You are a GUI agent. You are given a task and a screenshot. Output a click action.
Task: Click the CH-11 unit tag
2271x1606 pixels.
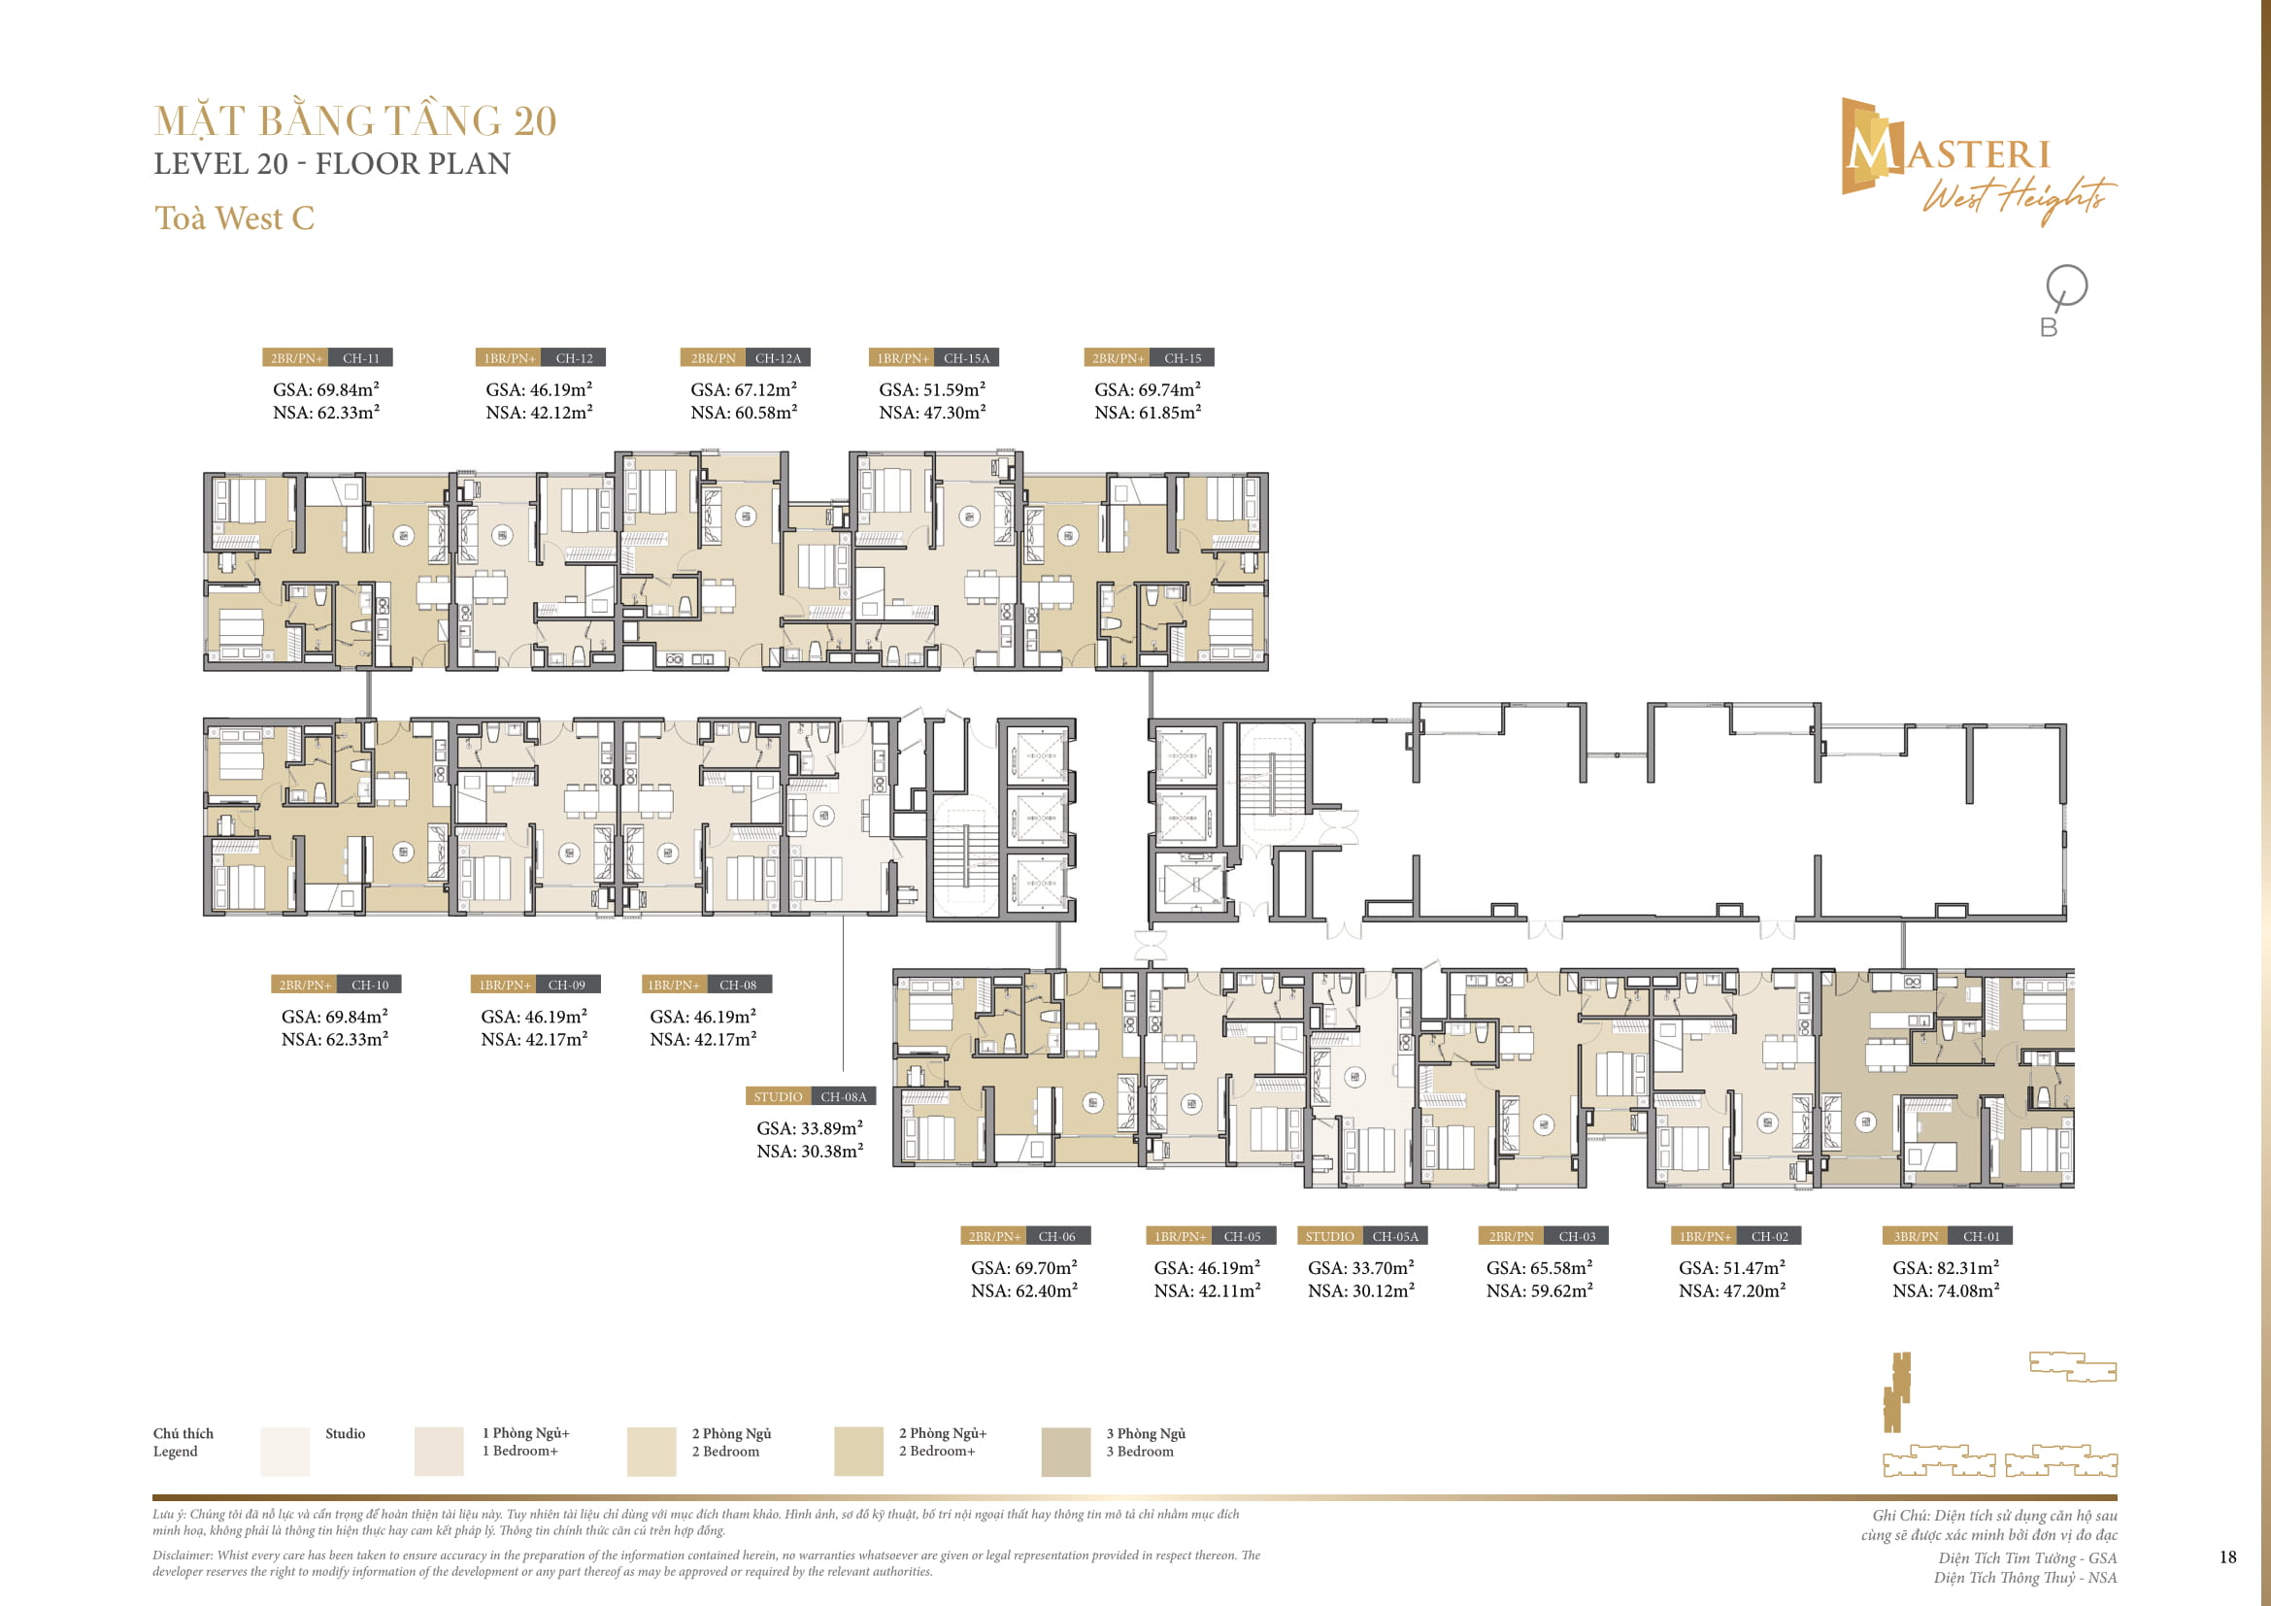[x=360, y=358]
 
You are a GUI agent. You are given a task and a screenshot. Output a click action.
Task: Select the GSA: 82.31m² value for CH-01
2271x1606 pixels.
[x=1945, y=1267]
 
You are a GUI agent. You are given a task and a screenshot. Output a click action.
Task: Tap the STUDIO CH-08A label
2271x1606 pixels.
[x=809, y=1095]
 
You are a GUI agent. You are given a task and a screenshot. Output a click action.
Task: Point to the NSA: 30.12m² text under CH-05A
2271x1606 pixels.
[x=1360, y=1289]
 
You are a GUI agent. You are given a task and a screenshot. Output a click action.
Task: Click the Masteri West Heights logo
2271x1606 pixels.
[x=1973, y=158]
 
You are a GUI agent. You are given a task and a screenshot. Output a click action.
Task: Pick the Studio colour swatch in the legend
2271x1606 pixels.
[x=284, y=1451]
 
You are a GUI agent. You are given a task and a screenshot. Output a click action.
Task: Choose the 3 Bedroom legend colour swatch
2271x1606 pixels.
[x=1065, y=1451]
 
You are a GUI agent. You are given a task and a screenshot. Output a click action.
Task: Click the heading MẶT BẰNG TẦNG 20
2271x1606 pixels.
[x=355, y=120]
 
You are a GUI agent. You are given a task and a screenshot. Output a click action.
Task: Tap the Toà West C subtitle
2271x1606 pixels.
[x=234, y=217]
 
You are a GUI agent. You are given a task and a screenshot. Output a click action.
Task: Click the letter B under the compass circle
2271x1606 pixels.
[x=2048, y=327]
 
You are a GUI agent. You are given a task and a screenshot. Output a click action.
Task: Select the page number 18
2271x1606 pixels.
[x=2227, y=1556]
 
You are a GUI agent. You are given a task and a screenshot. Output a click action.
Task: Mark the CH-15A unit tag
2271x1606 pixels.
[x=965, y=358]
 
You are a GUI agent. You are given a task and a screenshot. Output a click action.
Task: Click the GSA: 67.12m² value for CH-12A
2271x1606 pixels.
[x=743, y=389]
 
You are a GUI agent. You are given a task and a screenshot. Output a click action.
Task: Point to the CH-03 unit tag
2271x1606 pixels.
[x=1577, y=1236]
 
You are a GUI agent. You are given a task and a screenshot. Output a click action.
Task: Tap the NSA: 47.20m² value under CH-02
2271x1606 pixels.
[x=1731, y=1289]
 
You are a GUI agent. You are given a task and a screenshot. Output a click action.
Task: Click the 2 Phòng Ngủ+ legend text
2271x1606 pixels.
[x=942, y=1433]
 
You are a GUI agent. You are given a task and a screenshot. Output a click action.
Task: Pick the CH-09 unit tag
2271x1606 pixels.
[x=566, y=985]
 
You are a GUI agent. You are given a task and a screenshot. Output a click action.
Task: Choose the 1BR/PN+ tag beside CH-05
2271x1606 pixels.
[x=1180, y=1236]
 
